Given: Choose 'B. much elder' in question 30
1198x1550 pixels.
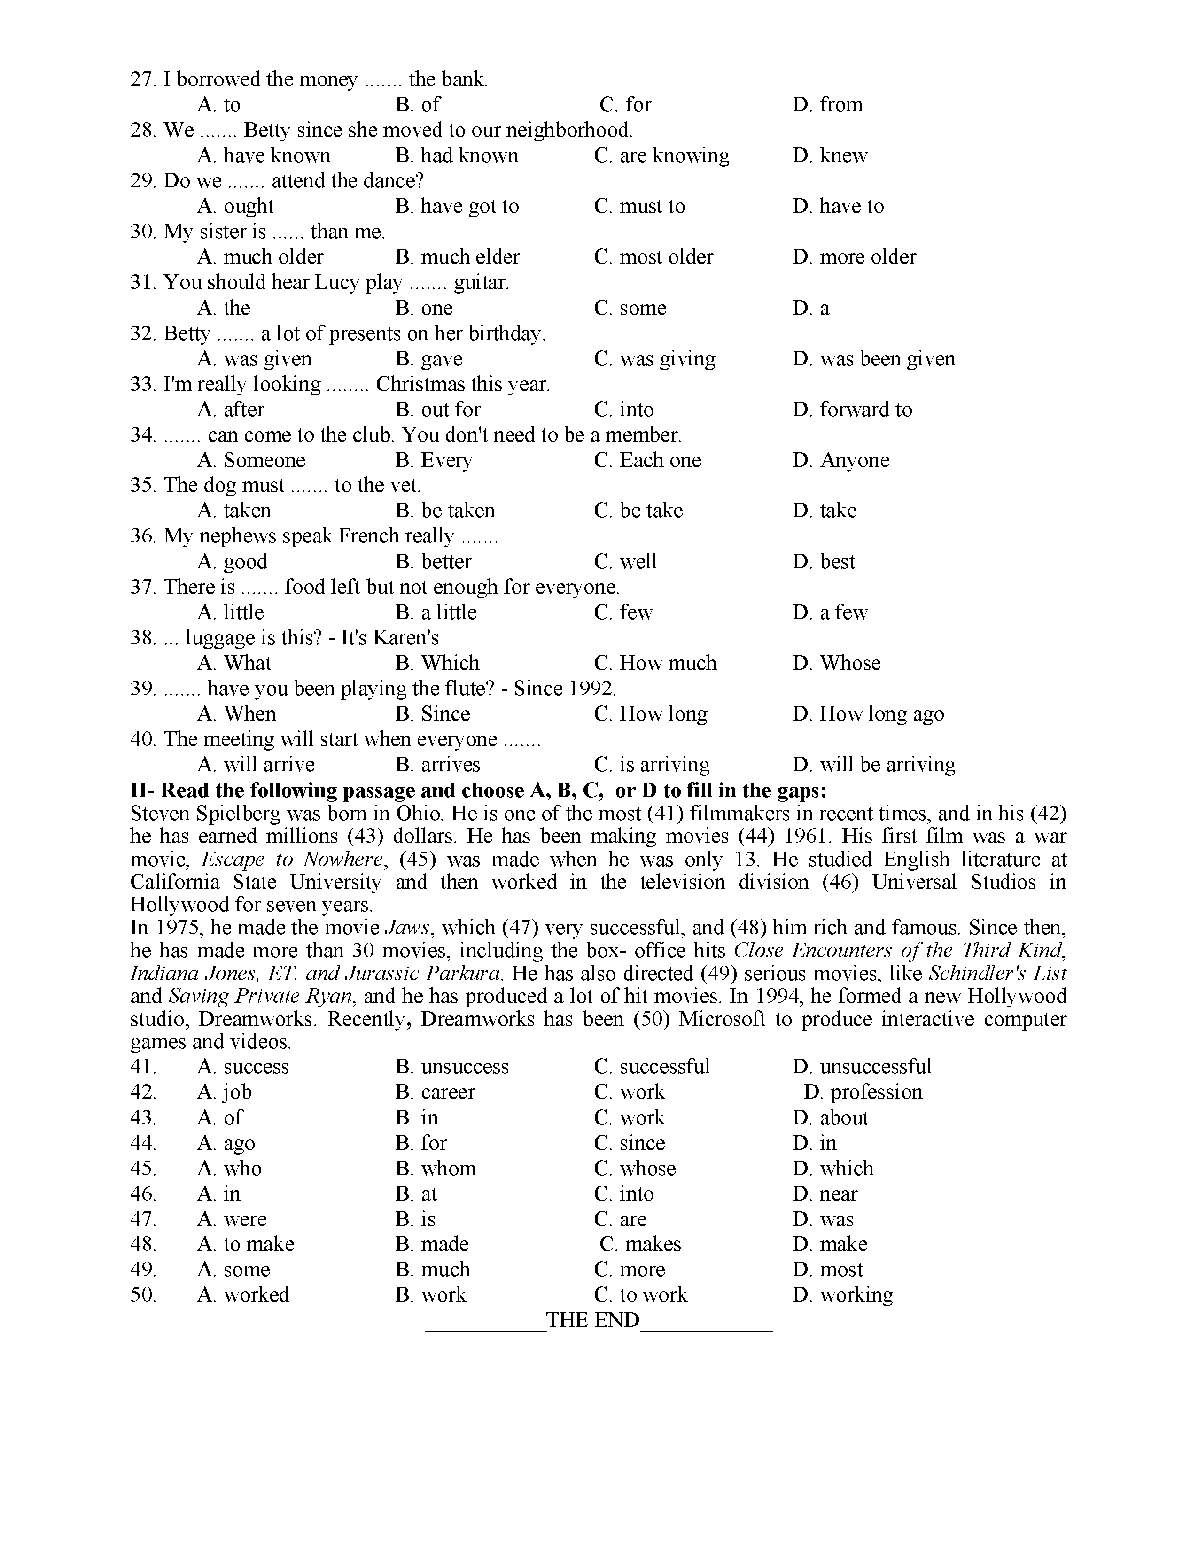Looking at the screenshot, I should click(457, 257).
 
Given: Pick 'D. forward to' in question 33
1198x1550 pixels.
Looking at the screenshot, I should click(852, 410).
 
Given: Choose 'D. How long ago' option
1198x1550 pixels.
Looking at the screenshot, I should click(868, 714).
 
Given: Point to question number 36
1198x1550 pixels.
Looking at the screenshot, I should click(142, 536).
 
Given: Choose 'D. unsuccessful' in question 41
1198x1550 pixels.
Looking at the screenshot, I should click(862, 1067).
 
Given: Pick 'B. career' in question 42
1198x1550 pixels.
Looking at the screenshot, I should click(435, 1092).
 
